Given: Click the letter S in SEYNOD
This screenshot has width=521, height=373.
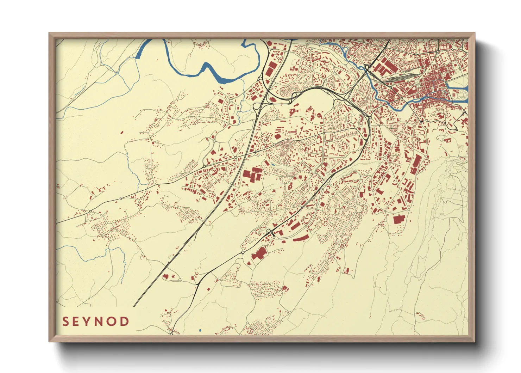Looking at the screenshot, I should (x=65, y=322).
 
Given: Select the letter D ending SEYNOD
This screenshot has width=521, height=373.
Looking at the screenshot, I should (x=124, y=322).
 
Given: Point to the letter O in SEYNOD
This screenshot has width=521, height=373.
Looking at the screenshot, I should (x=112, y=322).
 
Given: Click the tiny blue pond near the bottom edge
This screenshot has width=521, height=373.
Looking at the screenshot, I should (x=200, y=331).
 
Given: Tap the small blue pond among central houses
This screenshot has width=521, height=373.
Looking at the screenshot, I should (x=273, y=164).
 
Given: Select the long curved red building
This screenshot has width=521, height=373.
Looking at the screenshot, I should (x=301, y=237).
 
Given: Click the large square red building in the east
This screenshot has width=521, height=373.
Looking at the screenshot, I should (x=398, y=219).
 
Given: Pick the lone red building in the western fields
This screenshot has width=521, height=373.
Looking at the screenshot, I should (x=122, y=133).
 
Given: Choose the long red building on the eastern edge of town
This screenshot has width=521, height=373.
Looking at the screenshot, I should (x=416, y=164).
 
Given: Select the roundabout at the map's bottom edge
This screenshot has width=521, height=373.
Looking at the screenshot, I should (x=171, y=333).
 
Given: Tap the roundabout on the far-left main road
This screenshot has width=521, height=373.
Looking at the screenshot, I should (x=90, y=211).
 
